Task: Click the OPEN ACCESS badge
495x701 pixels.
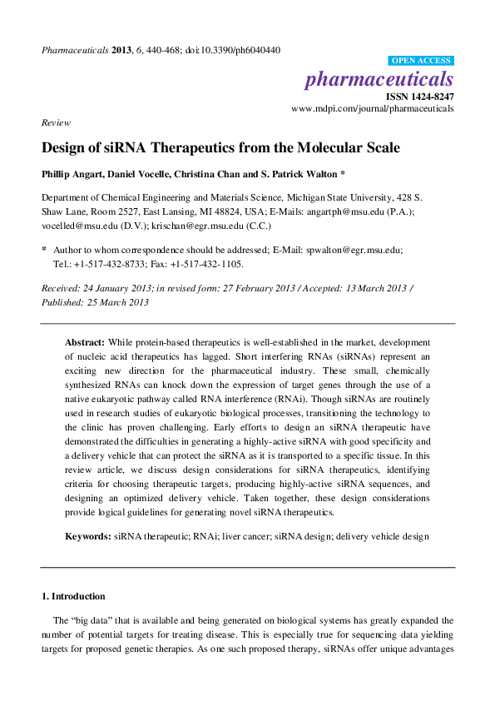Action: pos(421,61)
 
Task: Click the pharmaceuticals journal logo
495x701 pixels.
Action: pos(379,79)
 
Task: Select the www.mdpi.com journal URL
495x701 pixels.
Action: pos(373,109)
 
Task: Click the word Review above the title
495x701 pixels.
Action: pos(55,122)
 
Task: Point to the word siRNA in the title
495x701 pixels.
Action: pos(116,148)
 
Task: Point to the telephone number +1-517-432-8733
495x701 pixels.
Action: pos(111,264)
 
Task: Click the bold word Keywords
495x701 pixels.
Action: pos(88,537)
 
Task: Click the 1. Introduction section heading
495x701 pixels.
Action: pos(73,596)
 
